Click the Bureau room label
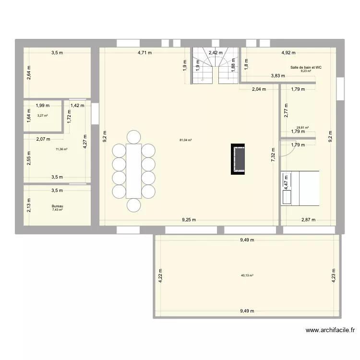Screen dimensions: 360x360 [x=57, y=206]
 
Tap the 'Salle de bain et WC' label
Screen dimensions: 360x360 [x=306, y=68]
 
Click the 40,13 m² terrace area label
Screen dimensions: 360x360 [x=247, y=276]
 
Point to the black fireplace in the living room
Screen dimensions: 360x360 [x=238, y=159]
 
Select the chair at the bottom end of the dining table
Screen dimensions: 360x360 [x=134, y=205]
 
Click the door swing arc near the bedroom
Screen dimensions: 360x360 [x=287, y=149]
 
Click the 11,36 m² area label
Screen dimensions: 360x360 [x=61, y=149]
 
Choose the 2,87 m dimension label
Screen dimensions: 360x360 [x=308, y=220]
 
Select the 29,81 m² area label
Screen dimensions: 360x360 [x=302, y=128]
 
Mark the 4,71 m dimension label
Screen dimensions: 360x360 [x=144, y=53]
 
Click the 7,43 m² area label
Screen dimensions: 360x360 [x=58, y=210]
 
